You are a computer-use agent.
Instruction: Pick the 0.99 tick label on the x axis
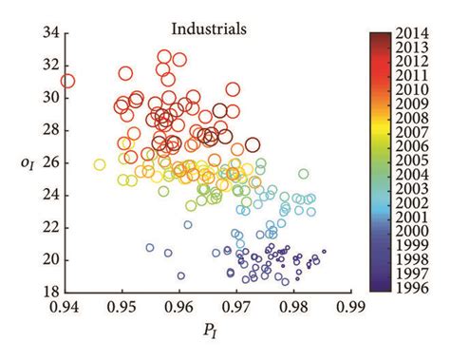pos(351,306)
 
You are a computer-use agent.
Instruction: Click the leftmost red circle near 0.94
pos(66,82)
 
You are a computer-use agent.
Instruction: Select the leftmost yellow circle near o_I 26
pos(100,164)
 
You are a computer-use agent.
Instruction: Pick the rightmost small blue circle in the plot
pos(324,252)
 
